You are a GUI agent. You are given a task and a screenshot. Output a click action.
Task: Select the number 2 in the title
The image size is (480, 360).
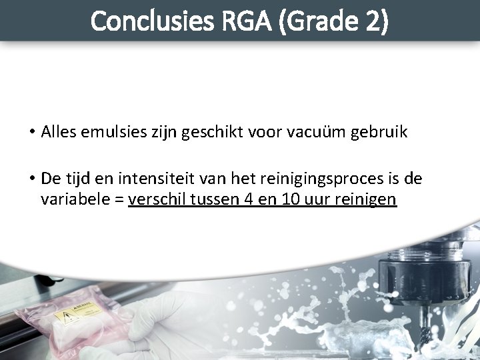[x=371, y=21]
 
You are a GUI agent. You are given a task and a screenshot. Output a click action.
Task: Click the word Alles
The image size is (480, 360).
[x=58, y=133]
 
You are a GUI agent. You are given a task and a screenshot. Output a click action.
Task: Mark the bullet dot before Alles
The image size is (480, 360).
[x=32, y=133]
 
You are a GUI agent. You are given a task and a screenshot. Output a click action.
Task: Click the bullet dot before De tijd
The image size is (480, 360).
[x=32, y=179]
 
